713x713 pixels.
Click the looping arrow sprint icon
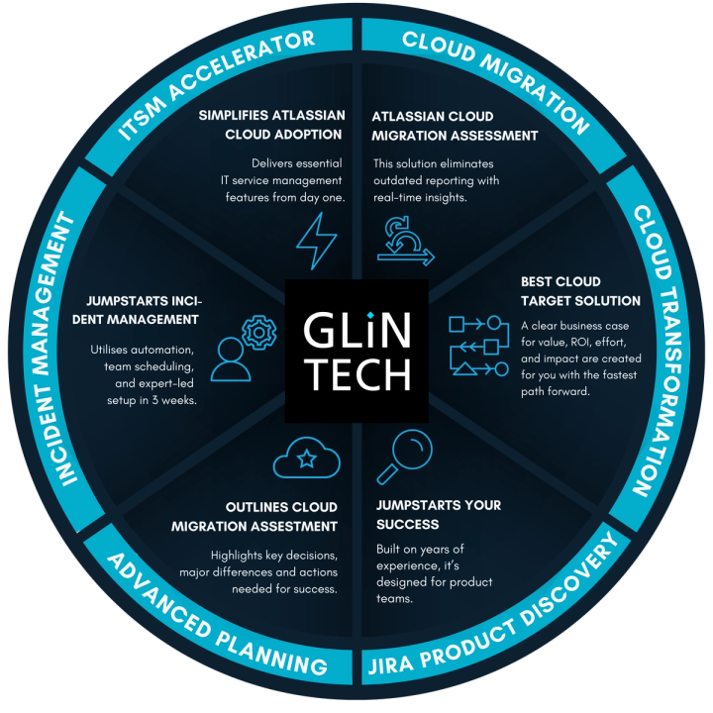pyautogui.click(x=404, y=239)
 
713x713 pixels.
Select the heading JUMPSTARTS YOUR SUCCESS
pyautogui.click(x=438, y=514)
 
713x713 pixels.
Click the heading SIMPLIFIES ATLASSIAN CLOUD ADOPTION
pyautogui.click(x=269, y=125)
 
